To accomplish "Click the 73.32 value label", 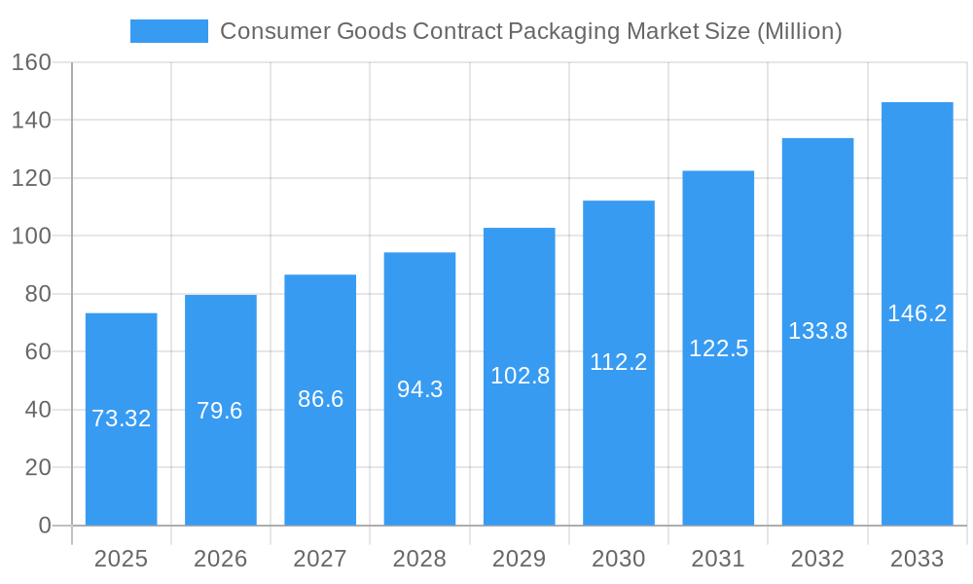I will pyautogui.click(x=121, y=419).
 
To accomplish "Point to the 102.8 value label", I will pyautogui.click(x=520, y=376).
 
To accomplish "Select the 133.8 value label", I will pyautogui.click(x=817, y=331).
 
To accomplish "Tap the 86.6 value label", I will pyautogui.click(x=320, y=399).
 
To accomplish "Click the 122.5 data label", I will pyautogui.click(x=718, y=348).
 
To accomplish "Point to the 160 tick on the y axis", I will pyautogui.click(x=31, y=62).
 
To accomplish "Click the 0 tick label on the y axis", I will pyautogui.click(x=44, y=526).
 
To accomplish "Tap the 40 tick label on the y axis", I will pyautogui.click(x=37, y=410).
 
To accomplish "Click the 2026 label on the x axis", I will pyautogui.click(x=220, y=559).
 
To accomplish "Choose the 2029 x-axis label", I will pyautogui.click(x=519, y=559).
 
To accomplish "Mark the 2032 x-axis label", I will pyautogui.click(x=817, y=559).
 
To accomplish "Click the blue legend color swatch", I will pyautogui.click(x=169, y=31).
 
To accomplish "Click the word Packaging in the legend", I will pyautogui.click(x=563, y=31).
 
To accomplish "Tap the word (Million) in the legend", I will pyautogui.click(x=799, y=31).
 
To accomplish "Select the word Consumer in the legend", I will pyautogui.click(x=274, y=31).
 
